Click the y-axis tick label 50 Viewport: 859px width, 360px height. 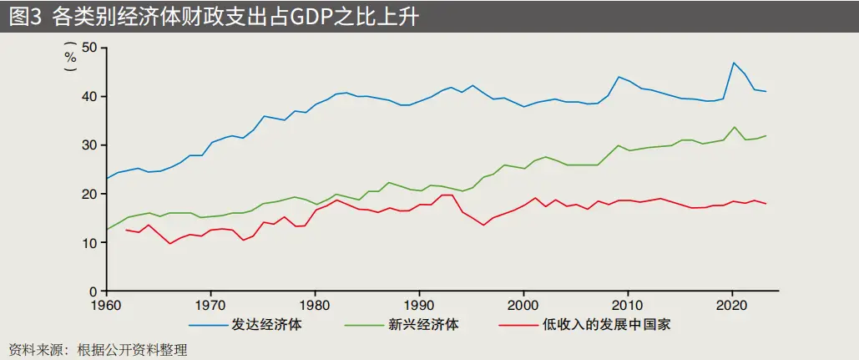[x=90, y=48]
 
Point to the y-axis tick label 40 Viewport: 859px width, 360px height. [x=90, y=96]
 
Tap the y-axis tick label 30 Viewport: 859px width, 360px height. [x=90, y=145]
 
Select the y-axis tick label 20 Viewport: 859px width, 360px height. [x=90, y=194]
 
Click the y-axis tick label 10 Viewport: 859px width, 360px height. [x=90, y=242]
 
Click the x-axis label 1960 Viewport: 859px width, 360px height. [x=106, y=305]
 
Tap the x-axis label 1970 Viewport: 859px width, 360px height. [x=210, y=305]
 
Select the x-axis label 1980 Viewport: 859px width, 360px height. [x=315, y=305]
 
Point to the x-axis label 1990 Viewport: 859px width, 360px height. [x=419, y=305]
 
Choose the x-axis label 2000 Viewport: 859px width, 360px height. [x=523, y=305]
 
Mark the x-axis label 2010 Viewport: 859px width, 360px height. [x=628, y=305]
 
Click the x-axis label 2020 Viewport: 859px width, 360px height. [x=732, y=305]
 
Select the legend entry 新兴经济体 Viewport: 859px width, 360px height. [x=425, y=325]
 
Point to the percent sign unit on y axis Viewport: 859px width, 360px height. [x=70, y=58]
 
